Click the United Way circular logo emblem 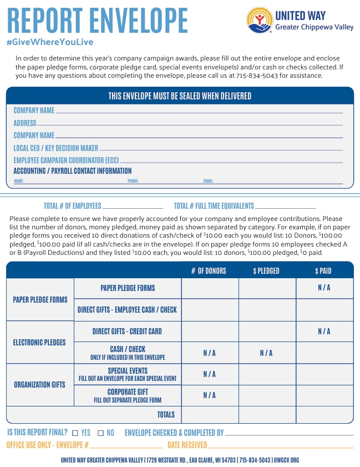(x=259, y=21)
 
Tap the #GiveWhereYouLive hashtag (x=50, y=42)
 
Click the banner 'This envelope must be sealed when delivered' (x=180, y=96)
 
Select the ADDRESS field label (x=25, y=123)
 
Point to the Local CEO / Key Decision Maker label (x=56, y=148)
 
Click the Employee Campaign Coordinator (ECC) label (x=67, y=160)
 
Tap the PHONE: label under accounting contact (x=133, y=181)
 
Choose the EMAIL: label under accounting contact (x=209, y=181)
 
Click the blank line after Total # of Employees (x=133, y=207)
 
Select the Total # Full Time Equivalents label (x=214, y=205)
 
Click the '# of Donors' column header (x=209, y=271)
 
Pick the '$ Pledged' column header (x=266, y=271)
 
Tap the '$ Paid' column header (x=323, y=271)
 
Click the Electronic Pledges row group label (x=39, y=343)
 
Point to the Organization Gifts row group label (x=39, y=384)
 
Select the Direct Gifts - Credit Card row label (x=127, y=332)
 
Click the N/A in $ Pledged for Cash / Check (x=266, y=353)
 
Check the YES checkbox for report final (x=75, y=433)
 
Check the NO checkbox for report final (x=100, y=433)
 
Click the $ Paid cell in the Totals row (x=324, y=414)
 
